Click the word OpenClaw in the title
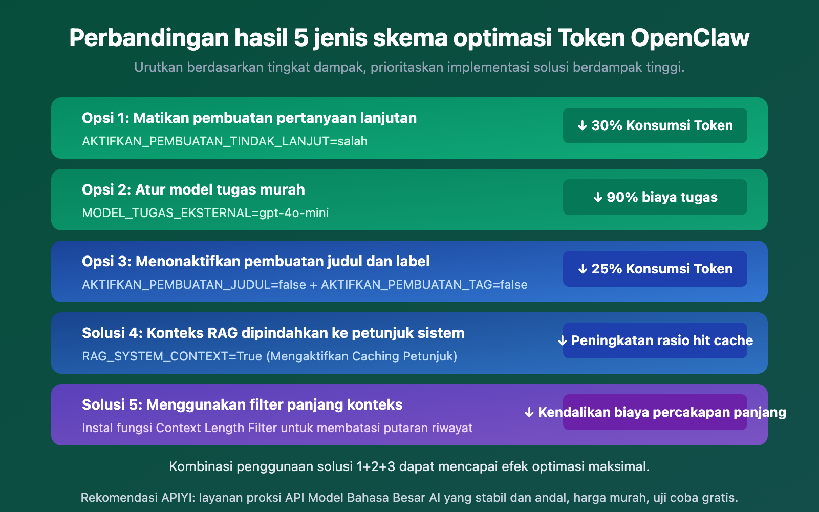(689, 38)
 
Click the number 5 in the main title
(300, 38)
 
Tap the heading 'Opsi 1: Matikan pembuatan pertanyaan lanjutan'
(249, 118)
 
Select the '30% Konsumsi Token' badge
(655, 125)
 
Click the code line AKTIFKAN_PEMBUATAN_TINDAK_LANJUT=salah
(225, 141)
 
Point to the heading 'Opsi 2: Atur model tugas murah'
(193, 190)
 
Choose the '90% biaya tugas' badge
(655, 197)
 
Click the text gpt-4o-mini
(294, 213)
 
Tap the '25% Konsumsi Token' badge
(655, 269)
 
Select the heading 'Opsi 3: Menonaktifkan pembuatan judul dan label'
(255, 262)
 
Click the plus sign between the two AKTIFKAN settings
(313, 285)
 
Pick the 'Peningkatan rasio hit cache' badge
(655, 340)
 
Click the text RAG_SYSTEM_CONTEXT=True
(172, 356)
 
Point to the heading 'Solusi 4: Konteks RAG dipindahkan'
(273, 333)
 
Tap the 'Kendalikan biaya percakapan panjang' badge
(655, 412)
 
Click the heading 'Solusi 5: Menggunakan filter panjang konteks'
(242, 405)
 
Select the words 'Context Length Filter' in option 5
(217, 428)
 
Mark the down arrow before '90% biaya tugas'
(597, 197)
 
